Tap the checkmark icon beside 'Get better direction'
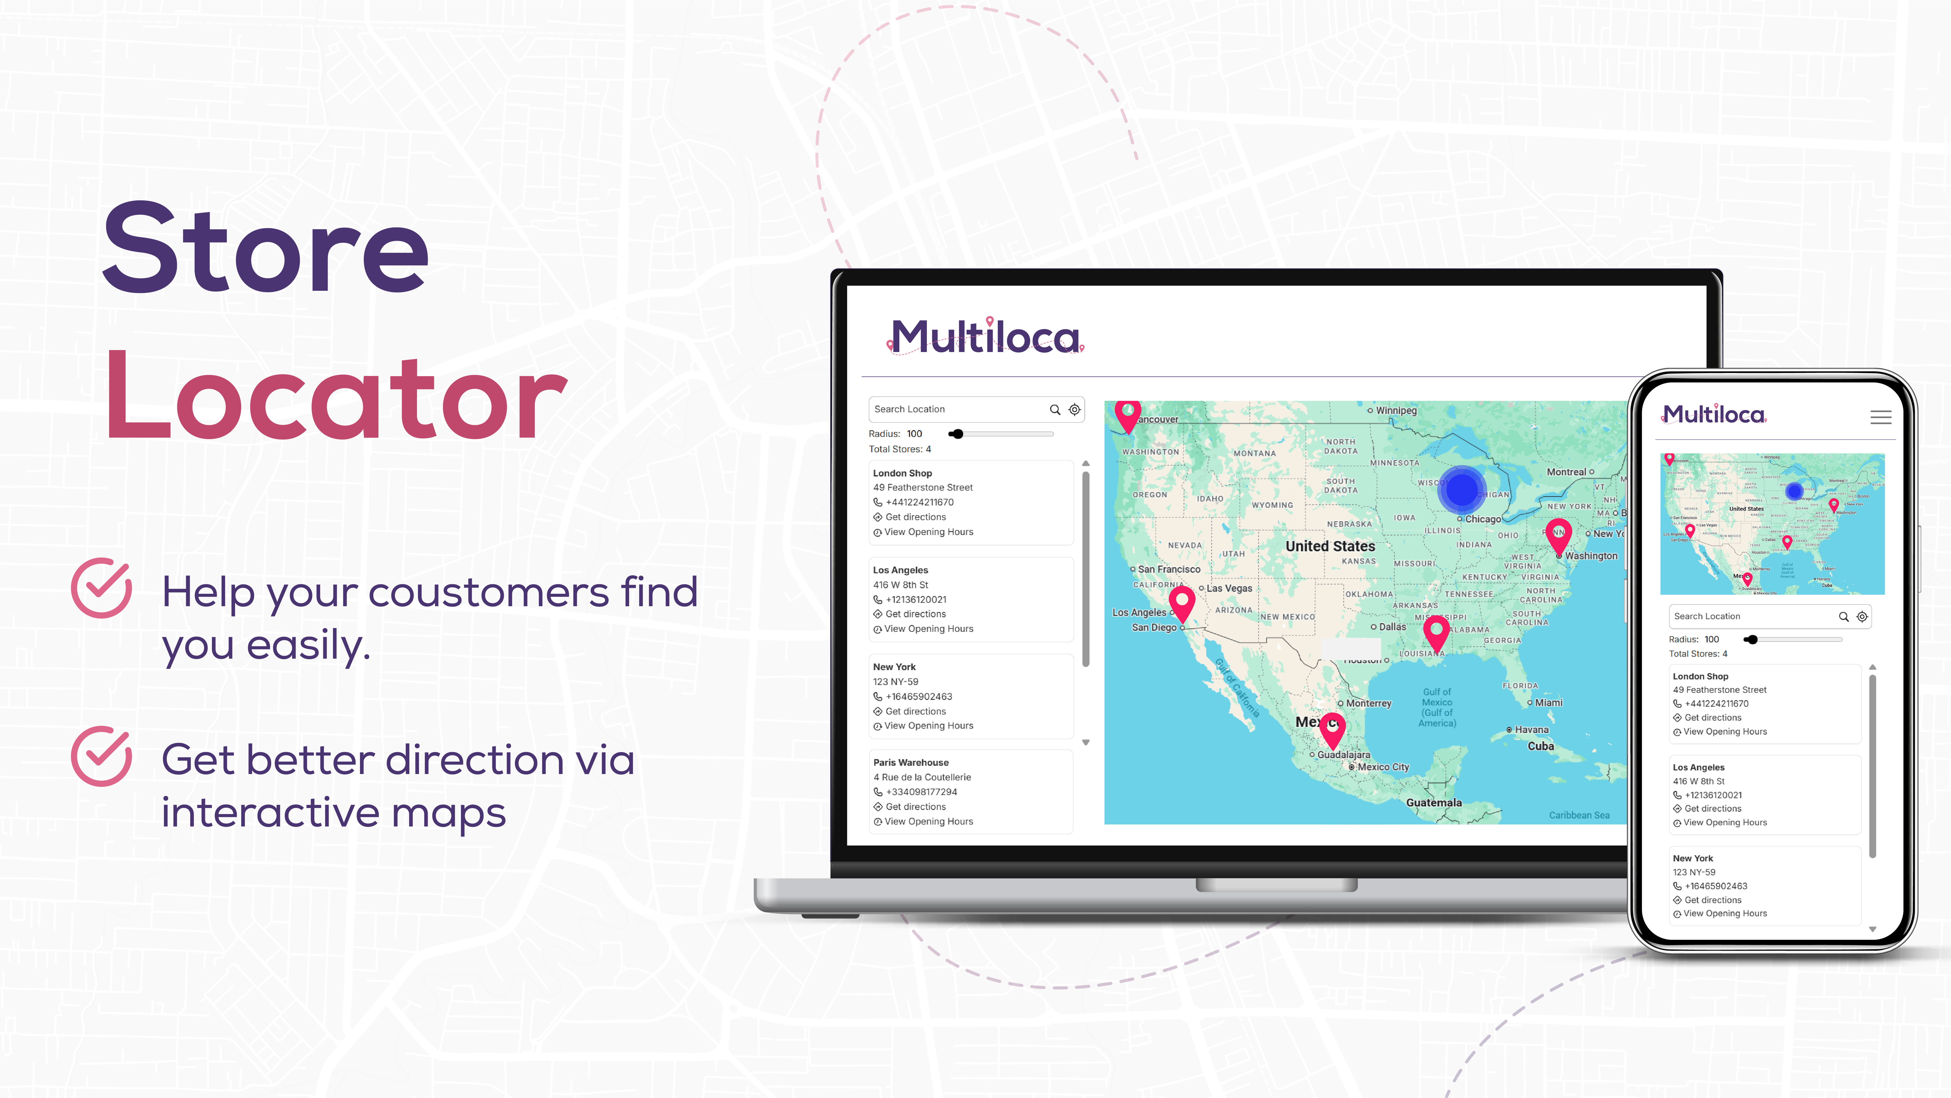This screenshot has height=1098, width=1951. click(x=101, y=756)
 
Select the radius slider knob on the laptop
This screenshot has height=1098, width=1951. click(x=957, y=434)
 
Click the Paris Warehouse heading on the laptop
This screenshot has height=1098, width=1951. click(x=910, y=762)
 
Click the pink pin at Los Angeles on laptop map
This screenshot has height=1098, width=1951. click(x=1181, y=603)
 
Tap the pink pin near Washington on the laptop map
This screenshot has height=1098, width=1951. click(x=1558, y=535)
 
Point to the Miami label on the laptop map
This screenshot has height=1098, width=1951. click(x=1548, y=703)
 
